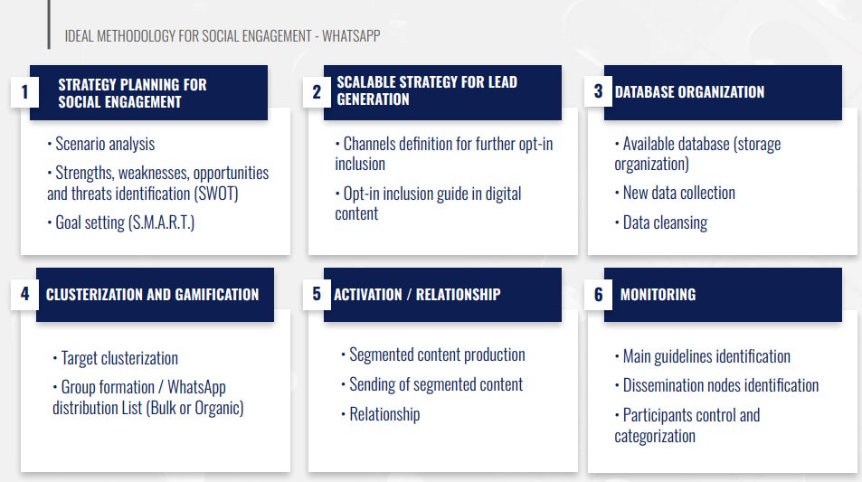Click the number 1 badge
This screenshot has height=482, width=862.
[x=24, y=91]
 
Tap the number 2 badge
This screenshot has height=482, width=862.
[x=317, y=91]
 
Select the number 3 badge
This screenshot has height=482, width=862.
[x=598, y=91]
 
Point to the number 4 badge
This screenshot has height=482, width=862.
[x=24, y=294]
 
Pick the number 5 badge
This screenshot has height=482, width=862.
[x=317, y=294]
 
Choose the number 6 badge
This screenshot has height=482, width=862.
[x=598, y=295]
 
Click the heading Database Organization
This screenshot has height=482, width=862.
[x=689, y=91]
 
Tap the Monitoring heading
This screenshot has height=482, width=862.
[x=658, y=295]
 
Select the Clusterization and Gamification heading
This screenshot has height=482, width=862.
[x=152, y=295]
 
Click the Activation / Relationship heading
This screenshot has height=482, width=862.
[x=417, y=295]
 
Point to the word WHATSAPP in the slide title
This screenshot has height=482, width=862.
[x=351, y=36]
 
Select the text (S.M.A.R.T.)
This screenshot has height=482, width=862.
[x=161, y=222]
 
